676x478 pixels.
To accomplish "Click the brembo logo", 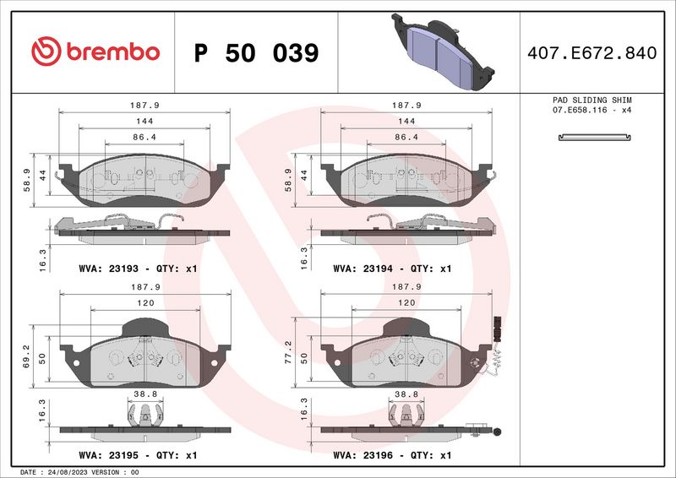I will coord(95,52).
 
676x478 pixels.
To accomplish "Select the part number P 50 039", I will coord(256,53).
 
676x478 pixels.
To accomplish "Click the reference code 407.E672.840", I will coord(591,53).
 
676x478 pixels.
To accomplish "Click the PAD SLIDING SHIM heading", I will coord(591,100).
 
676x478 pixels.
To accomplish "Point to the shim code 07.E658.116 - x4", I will coord(591,111).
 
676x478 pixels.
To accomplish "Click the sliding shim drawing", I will coord(591,137).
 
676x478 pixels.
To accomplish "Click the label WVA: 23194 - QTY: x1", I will coord(392,269).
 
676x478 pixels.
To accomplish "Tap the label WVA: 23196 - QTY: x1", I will coord(392,456).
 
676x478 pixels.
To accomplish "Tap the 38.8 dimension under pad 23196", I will coord(406,394).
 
